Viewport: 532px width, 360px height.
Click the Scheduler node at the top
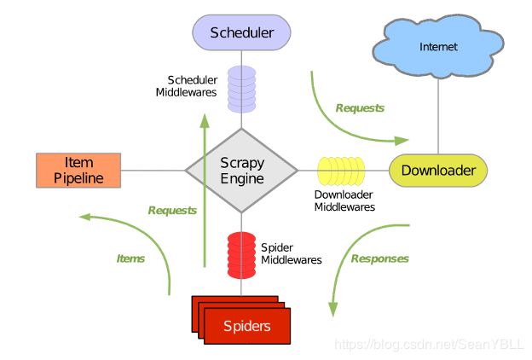[x=241, y=32]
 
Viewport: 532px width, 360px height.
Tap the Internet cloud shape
[x=438, y=46]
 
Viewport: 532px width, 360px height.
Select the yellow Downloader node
[x=438, y=171]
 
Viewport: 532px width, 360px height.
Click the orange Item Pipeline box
[x=78, y=171]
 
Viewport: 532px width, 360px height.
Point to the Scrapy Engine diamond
[x=241, y=171]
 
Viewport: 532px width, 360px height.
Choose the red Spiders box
[x=241, y=320]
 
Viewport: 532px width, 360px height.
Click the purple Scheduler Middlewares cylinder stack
[x=241, y=89]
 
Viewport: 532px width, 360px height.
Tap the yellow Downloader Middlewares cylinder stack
[x=341, y=171]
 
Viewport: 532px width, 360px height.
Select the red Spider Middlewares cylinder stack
[x=241, y=255]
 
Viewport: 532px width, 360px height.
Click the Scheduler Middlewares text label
[x=186, y=86]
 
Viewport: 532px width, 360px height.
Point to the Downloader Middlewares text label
[x=344, y=200]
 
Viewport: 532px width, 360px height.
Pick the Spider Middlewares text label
[x=291, y=253]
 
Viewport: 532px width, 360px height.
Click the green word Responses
[x=379, y=258]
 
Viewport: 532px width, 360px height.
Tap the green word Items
[x=130, y=258]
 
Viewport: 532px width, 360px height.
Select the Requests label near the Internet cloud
[x=360, y=108]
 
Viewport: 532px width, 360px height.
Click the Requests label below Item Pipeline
[x=172, y=211]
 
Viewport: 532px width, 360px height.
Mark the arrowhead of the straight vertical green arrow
[x=205, y=121]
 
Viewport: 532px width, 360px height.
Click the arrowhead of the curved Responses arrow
[x=333, y=310]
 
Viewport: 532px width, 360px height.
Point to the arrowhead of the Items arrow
[x=85, y=217]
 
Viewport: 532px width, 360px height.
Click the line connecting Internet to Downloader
[x=438, y=116]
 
